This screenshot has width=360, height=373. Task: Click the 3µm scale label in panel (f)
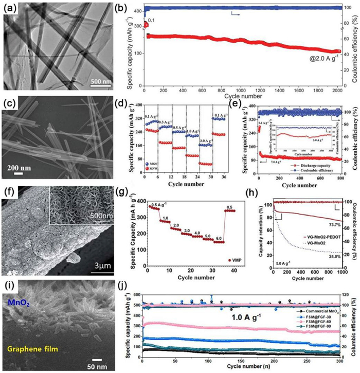(x=105, y=282)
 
